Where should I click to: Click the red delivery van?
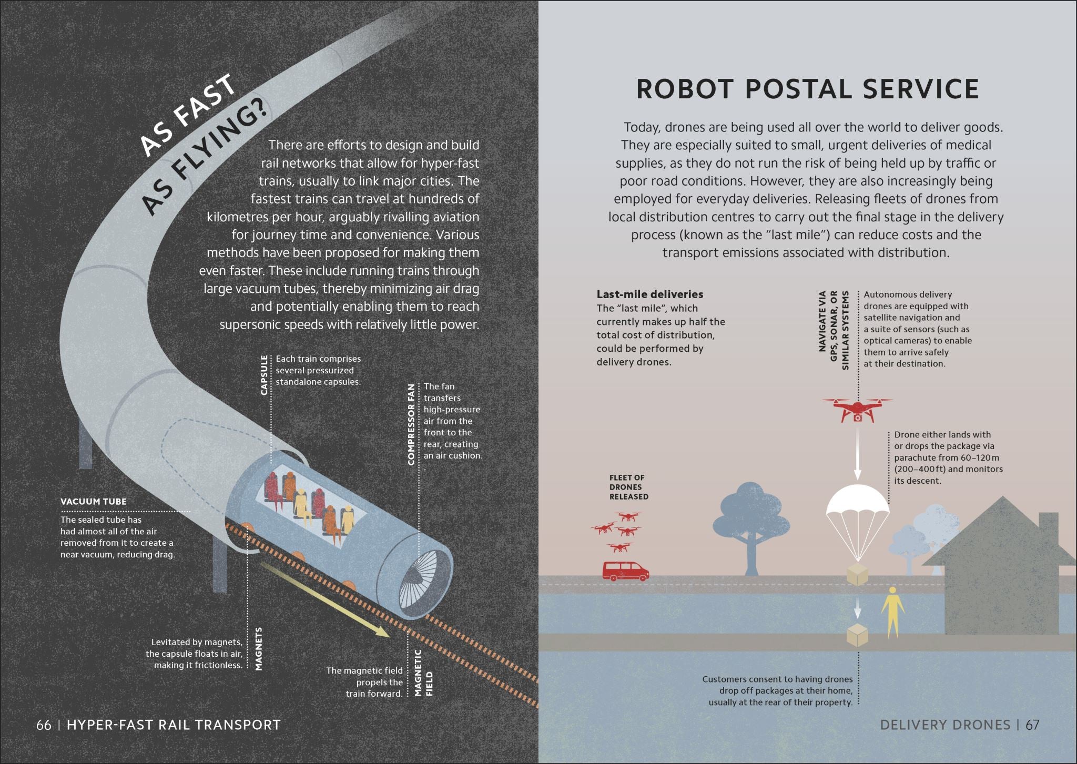625,571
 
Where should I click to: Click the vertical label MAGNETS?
258,648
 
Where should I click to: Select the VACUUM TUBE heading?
93,502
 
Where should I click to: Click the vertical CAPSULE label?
264,375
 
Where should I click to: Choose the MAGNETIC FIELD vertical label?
423,673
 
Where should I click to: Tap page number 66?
44,725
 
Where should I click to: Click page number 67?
1032,725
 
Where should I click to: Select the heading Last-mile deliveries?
649,294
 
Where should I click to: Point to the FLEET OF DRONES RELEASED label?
628,487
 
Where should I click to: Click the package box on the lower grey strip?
857,636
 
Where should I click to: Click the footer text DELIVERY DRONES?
945,725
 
